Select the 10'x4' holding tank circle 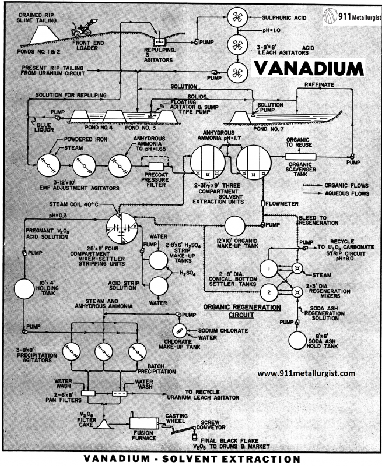(25, 290)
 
